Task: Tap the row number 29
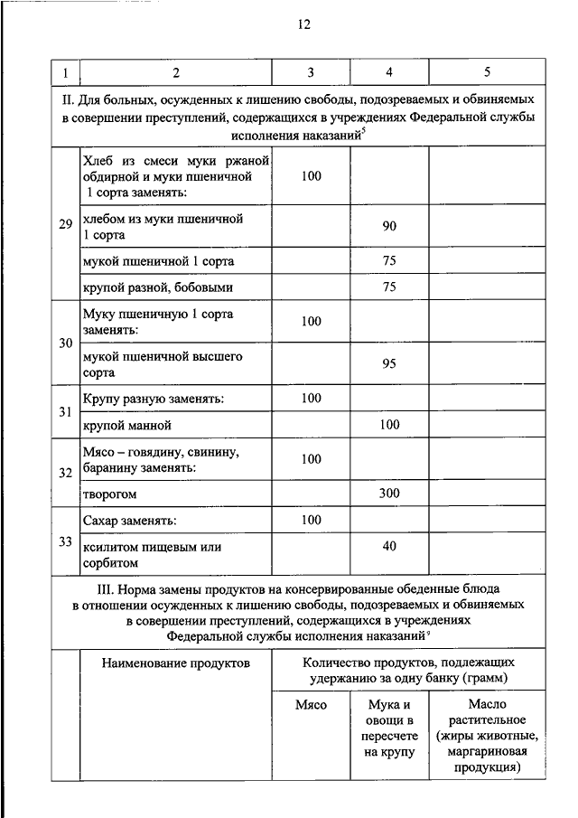(65, 224)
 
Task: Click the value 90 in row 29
(389, 226)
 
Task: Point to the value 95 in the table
(389, 364)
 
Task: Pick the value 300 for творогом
(389, 494)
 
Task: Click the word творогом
(109, 495)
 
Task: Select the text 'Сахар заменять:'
(129, 522)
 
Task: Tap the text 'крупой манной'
(126, 425)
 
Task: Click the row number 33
(65, 542)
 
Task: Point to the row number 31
(65, 411)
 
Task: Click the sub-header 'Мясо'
(312, 704)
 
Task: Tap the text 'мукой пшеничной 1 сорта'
(157, 261)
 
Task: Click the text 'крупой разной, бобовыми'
(157, 287)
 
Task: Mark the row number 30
(65, 343)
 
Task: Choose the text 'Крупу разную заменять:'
(153, 398)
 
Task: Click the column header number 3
(310, 71)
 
